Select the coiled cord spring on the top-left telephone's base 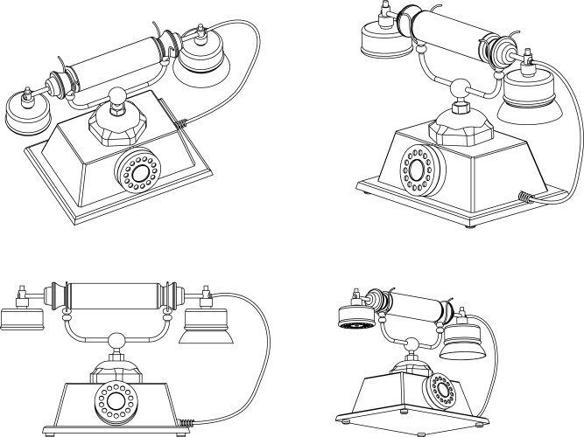tap(179, 125)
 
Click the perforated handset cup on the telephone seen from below tap(355, 319)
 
